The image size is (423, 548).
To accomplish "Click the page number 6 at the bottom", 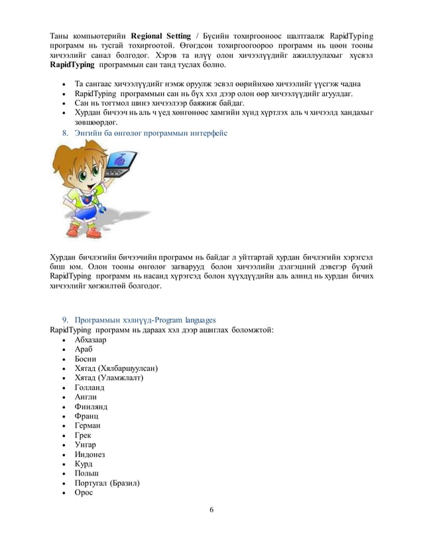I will tap(211, 510).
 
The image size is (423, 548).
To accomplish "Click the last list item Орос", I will tap(84, 492).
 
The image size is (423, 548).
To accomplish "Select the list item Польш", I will tap(87, 473).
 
